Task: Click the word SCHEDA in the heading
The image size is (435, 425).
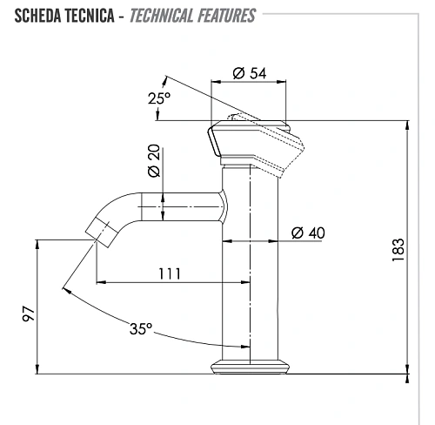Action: [x=37, y=16]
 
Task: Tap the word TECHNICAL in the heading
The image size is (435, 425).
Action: [x=161, y=16]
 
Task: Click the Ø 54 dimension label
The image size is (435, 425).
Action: [x=250, y=73]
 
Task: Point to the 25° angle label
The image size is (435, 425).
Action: [x=159, y=98]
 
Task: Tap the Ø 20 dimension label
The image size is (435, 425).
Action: [x=154, y=160]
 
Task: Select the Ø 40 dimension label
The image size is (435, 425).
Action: [x=308, y=233]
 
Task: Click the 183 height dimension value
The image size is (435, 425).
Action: [x=398, y=250]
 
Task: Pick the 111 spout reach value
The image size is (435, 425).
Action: [x=170, y=273]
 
